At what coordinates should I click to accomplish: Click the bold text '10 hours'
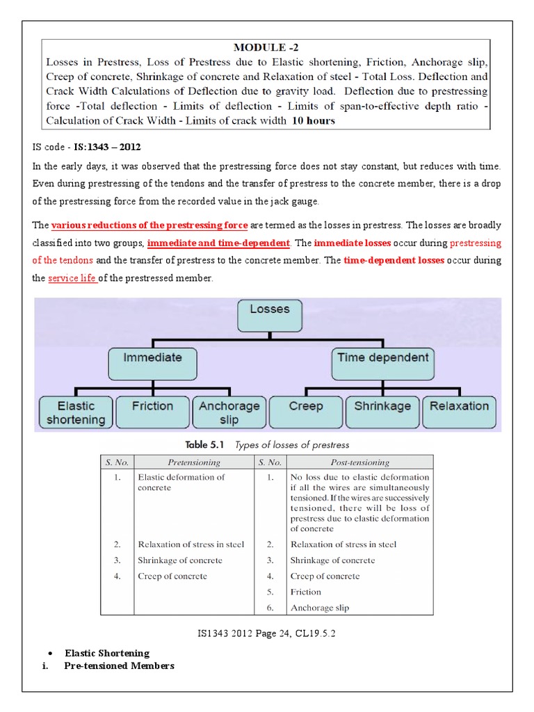click(x=313, y=120)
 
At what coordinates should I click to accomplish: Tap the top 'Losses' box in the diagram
click(x=269, y=315)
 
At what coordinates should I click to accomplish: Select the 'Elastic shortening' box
click(x=76, y=412)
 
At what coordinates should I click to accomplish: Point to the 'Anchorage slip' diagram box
click(x=229, y=412)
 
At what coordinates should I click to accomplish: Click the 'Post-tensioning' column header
click(x=359, y=462)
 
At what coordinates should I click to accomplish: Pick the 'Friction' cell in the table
click(x=306, y=592)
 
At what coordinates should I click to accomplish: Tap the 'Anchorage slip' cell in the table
click(x=320, y=607)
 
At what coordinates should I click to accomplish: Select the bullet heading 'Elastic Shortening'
click(x=107, y=653)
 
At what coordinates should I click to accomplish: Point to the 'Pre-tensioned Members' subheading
click(x=119, y=665)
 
